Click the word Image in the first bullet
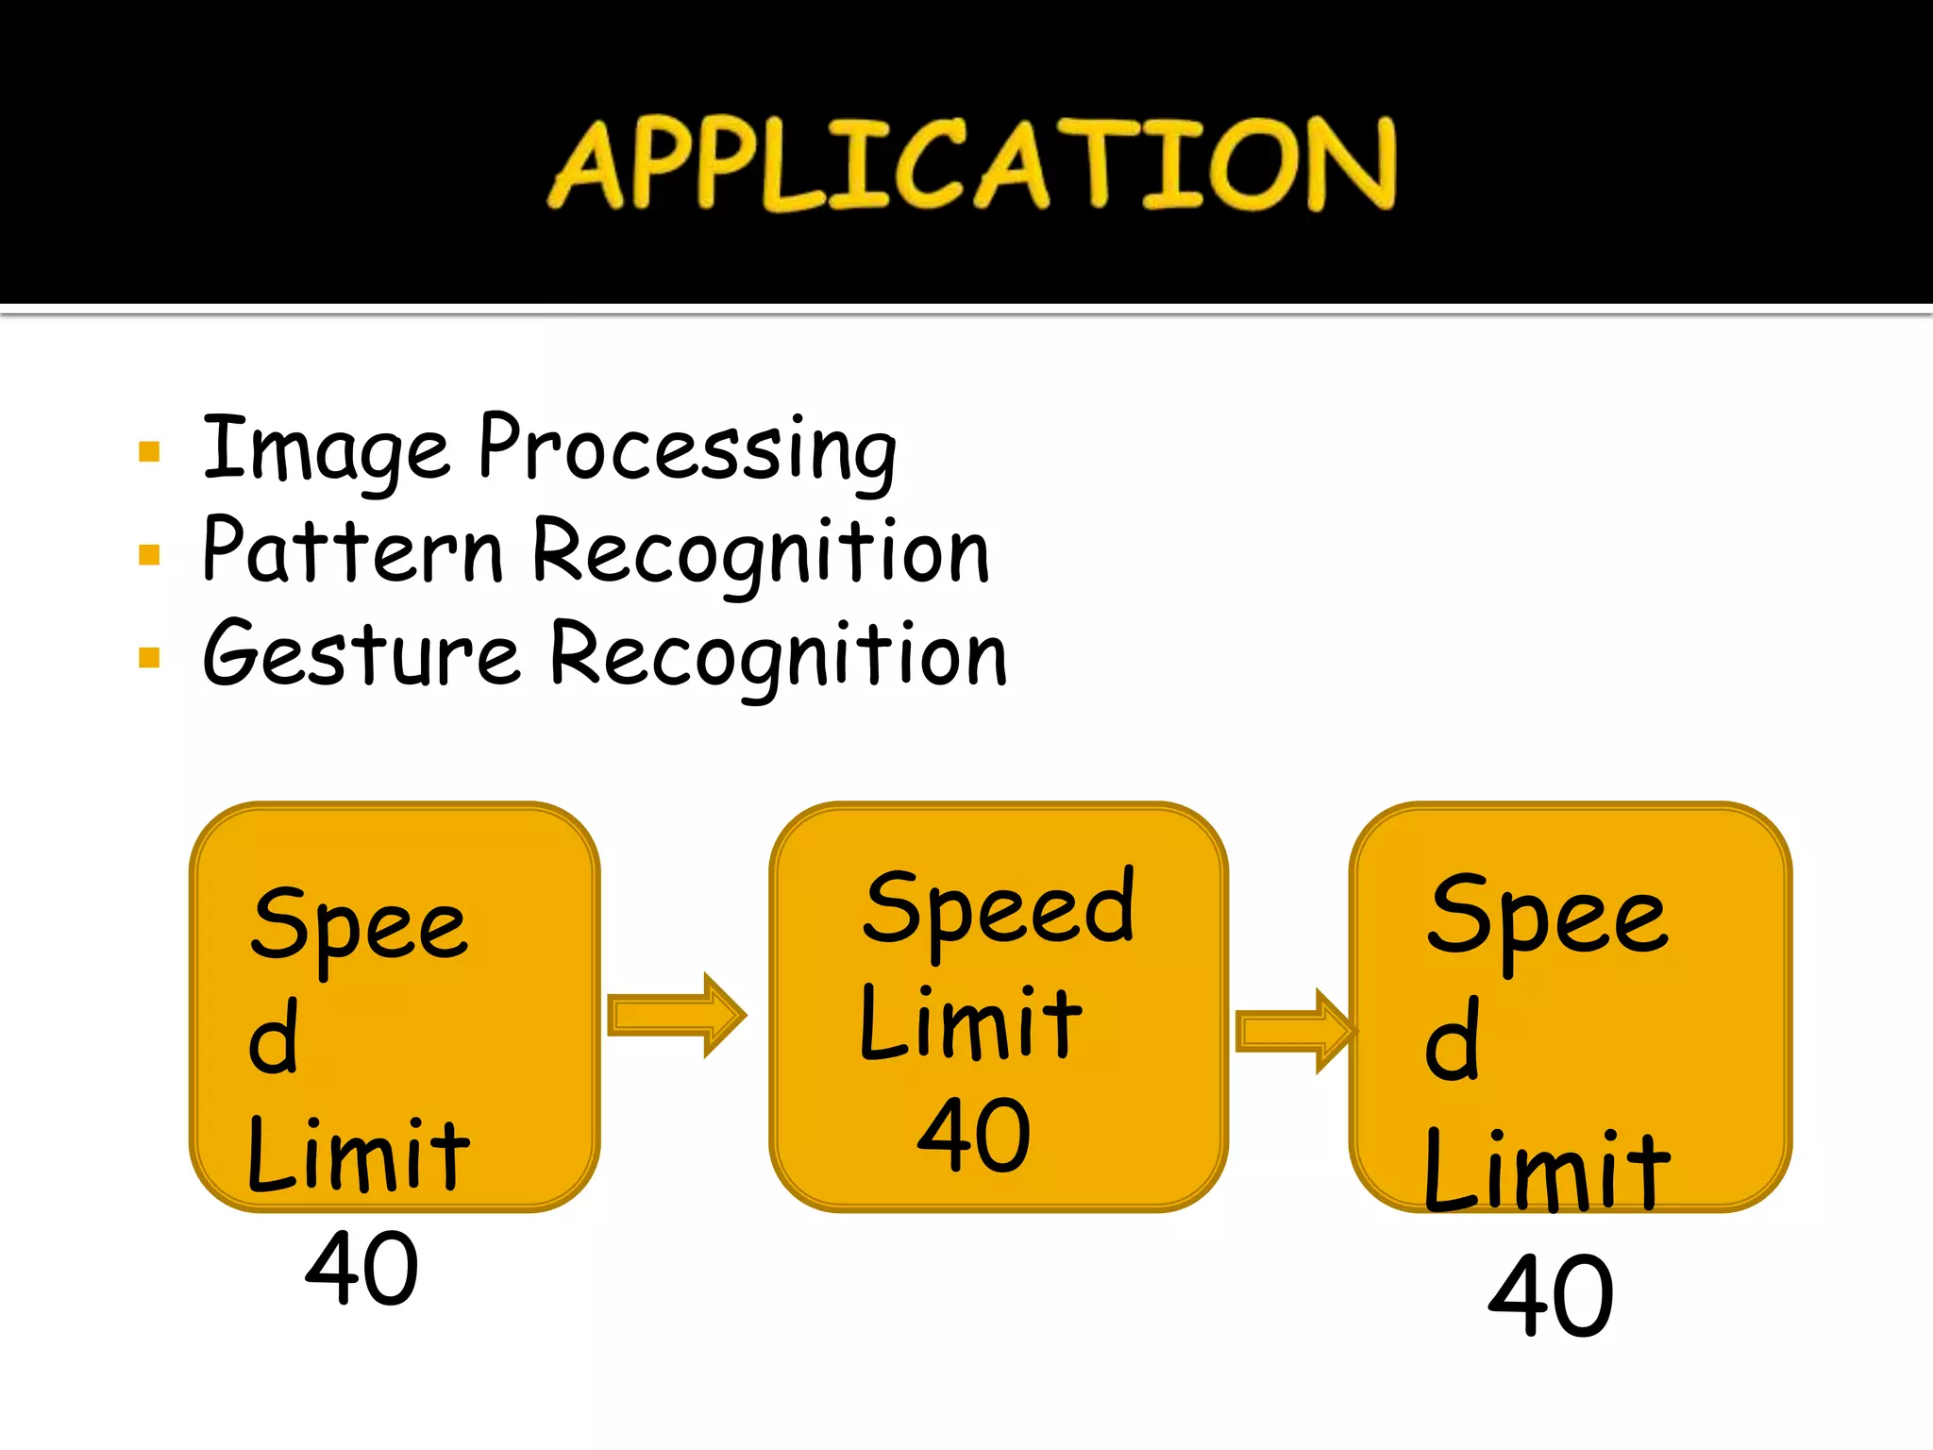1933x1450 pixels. point(326,449)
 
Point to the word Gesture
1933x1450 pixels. point(361,653)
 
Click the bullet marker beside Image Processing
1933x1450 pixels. point(149,451)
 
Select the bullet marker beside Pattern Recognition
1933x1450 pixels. point(149,554)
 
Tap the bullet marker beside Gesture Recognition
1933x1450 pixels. point(149,657)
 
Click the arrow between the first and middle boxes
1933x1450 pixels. point(676,1015)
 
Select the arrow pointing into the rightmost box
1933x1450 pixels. point(1295,1031)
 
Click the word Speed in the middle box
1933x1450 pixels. point(998,908)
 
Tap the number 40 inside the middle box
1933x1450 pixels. point(973,1135)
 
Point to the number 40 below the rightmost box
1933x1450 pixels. point(1551,1295)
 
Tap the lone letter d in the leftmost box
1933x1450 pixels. point(274,1037)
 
